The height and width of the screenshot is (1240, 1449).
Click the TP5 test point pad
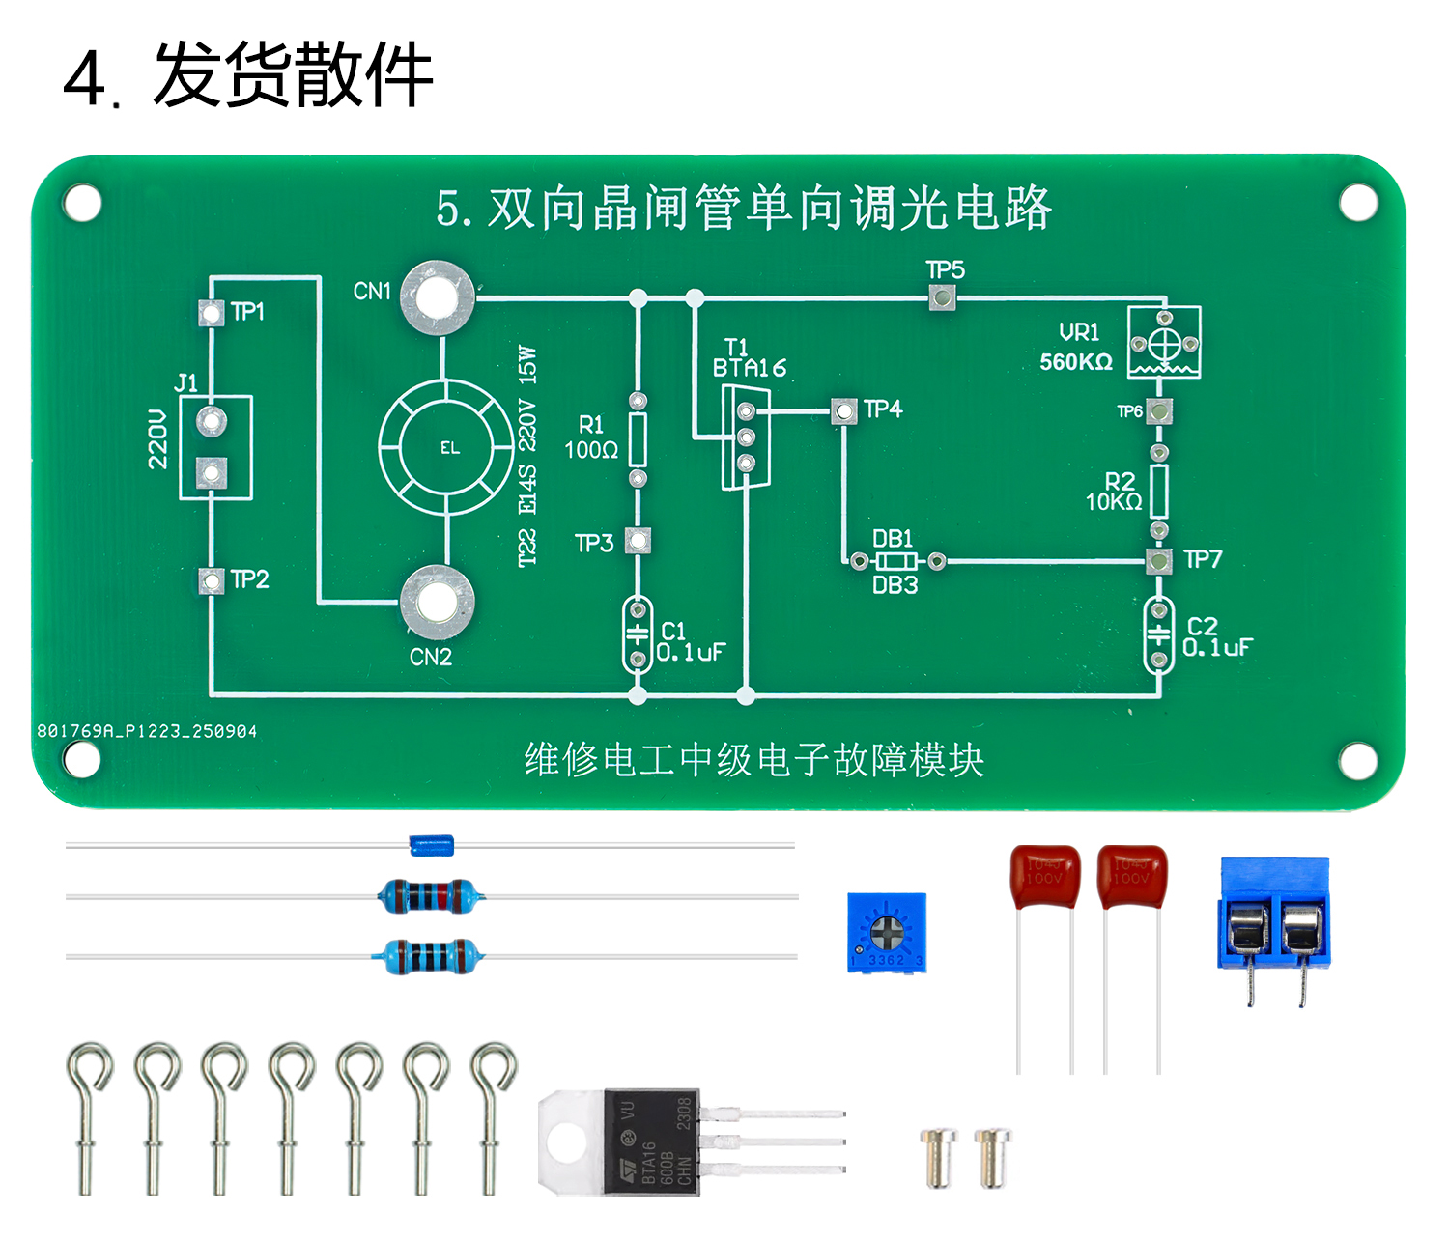click(x=942, y=297)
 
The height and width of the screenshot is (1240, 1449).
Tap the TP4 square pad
click(x=844, y=411)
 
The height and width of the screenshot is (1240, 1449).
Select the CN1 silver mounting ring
click(x=438, y=297)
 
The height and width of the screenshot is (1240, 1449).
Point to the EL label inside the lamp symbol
click(x=450, y=448)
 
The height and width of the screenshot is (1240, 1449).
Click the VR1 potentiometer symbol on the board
click(x=1164, y=343)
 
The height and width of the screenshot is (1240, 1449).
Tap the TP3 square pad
click(x=638, y=540)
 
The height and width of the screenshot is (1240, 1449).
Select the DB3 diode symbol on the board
click(x=895, y=561)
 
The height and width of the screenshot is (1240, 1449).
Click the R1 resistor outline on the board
click(x=638, y=440)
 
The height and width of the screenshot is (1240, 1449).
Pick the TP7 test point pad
click(x=1159, y=560)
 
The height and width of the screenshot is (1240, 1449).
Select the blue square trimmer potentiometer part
click(x=887, y=932)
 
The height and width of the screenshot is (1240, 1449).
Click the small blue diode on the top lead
click(x=431, y=846)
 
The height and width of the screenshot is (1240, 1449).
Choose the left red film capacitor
click(x=1044, y=877)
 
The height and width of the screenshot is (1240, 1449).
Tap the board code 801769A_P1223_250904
click(x=147, y=732)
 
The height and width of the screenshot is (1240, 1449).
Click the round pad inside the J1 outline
click(x=211, y=421)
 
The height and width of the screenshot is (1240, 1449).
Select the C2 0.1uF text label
click(x=1216, y=637)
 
